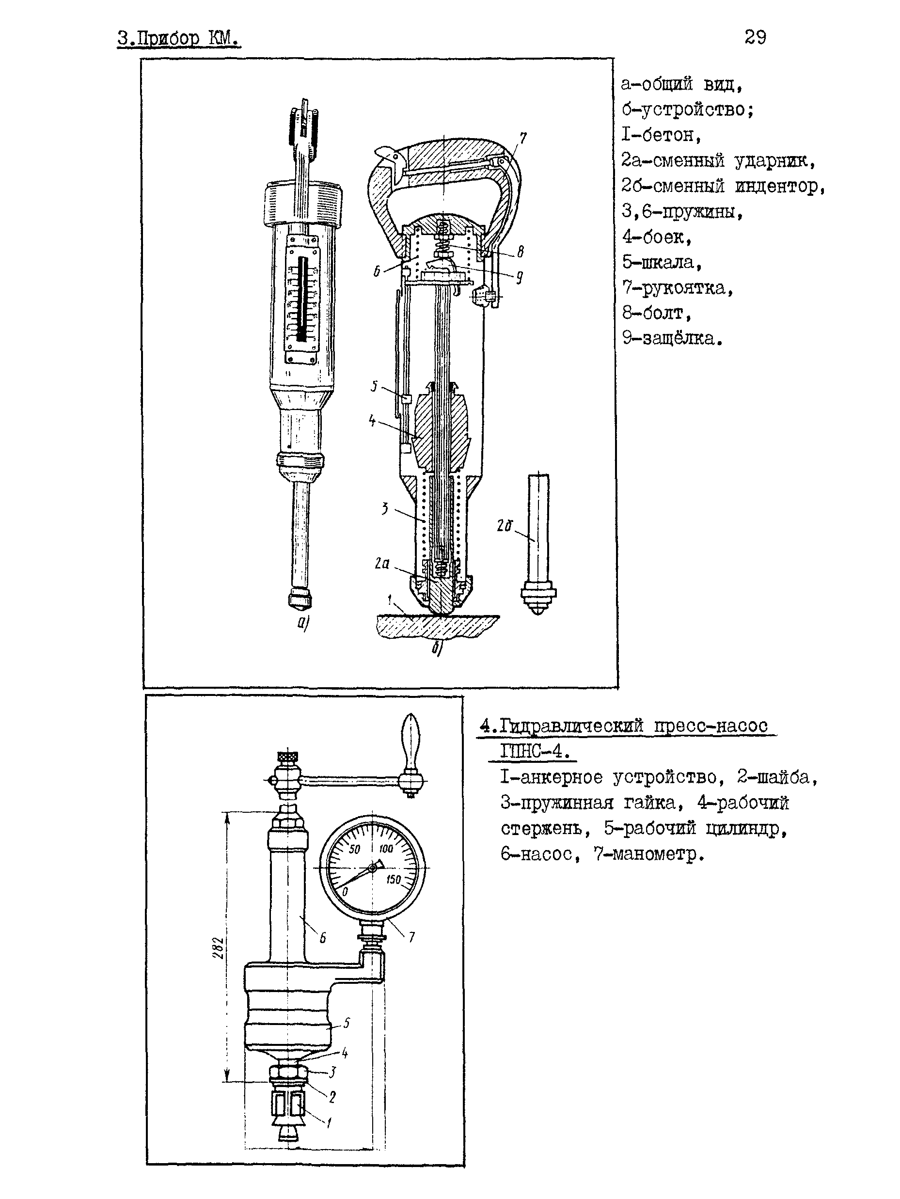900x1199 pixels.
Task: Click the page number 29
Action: point(755,37)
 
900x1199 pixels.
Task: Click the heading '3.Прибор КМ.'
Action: point(179,39)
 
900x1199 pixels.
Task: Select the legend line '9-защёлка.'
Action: point(672,339)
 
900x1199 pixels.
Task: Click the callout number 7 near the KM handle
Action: point(522,139)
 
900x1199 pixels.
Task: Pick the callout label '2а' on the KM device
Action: point(382,564)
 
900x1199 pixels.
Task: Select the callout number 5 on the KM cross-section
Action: point(374,386)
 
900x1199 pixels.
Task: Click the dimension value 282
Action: point(218,947)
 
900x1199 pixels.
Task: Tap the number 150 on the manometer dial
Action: point(393,879)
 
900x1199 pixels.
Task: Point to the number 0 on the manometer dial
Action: point(345,891)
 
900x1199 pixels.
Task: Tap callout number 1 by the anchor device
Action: point(329,1122)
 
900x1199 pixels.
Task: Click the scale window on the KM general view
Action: point(301,303)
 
